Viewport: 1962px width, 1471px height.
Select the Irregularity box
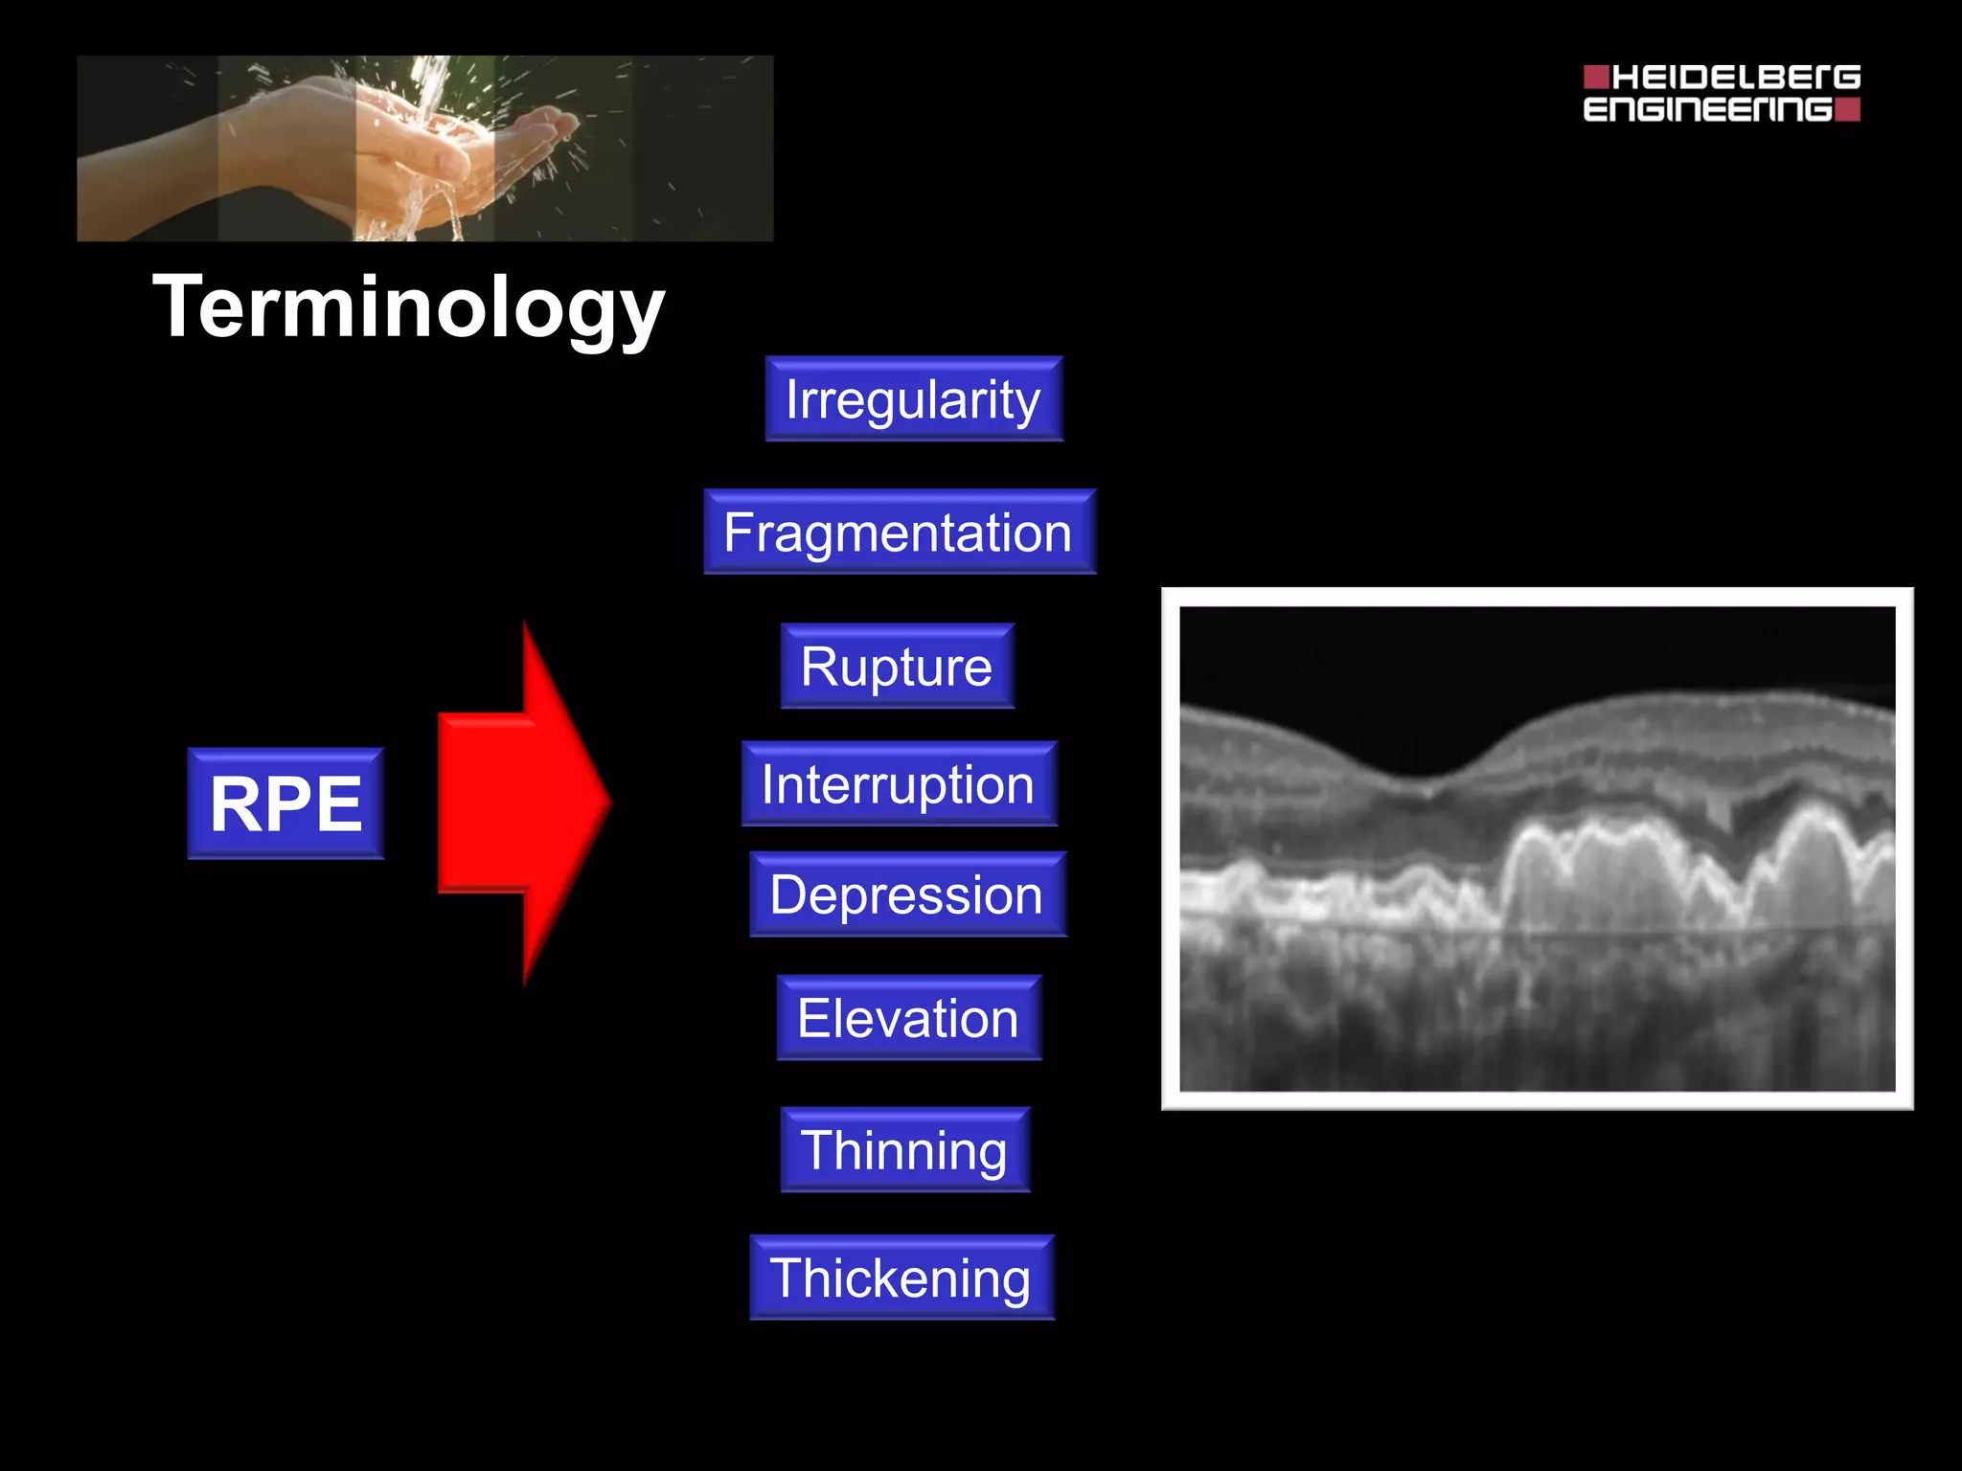914,399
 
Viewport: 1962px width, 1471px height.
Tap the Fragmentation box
899,532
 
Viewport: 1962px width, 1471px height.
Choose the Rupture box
897,667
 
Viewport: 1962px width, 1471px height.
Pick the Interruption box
899,784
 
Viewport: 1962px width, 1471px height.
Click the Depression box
907,894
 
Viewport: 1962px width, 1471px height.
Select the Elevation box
908,1018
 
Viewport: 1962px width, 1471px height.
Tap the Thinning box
904,1150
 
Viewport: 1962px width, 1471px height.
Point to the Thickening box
901,1279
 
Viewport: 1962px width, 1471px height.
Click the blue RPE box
285,803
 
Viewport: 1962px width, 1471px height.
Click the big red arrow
517,803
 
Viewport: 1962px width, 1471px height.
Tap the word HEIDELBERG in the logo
1735,78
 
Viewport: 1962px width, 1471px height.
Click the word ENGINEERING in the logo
1707,109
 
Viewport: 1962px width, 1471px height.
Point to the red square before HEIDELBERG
1595,77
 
